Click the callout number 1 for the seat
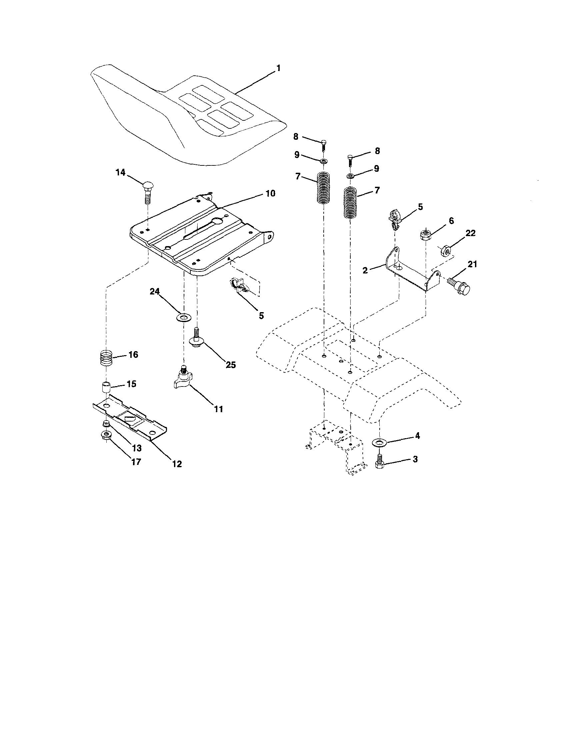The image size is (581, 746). click(278, 68)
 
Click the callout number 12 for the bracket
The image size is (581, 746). click(177, 464)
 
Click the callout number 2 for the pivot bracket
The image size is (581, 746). click(365, 271)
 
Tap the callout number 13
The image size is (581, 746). click(137, 448)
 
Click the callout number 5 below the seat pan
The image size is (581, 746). click(261, 315)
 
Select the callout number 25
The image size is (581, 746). click(231, 365)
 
